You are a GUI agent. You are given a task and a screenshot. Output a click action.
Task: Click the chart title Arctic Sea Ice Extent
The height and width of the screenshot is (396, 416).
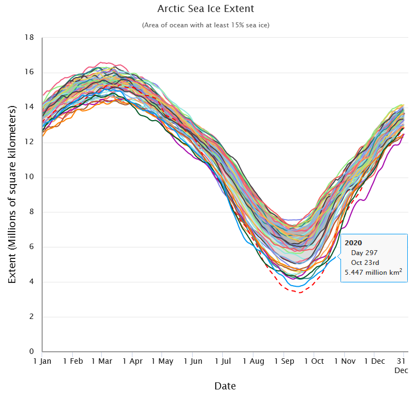click(x=205, y=9)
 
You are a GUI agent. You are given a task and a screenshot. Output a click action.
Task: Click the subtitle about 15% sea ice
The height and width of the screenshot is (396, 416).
click(x=205, y=25)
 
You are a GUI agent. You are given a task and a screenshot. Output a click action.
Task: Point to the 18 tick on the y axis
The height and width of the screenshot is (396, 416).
click(x=30, y=37)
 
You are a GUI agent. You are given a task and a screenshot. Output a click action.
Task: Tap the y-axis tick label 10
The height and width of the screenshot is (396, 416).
click(x=30, y=177)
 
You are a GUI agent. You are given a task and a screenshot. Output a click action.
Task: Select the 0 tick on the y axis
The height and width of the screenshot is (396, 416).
click(x=32, y=352)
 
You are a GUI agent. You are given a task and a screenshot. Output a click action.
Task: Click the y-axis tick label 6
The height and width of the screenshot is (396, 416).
click(x=32, y=247)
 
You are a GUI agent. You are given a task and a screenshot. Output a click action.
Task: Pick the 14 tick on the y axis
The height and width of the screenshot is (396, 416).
click(x=30, y=107)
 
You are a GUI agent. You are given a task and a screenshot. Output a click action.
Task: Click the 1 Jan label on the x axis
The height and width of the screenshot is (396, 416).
click(x=42, y=361)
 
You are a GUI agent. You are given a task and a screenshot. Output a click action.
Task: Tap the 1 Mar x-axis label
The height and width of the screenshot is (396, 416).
click(x=101, y=361)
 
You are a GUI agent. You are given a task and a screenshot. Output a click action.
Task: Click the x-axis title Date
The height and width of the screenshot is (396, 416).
click(x=225, y=386)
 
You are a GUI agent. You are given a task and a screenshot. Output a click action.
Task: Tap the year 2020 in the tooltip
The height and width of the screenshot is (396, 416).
click(x=354, y=243)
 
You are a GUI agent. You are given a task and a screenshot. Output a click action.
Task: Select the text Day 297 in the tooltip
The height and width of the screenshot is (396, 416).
click(x=364, y=252)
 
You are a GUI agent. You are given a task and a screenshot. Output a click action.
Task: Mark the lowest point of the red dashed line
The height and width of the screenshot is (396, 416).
click(x=298, y=292)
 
